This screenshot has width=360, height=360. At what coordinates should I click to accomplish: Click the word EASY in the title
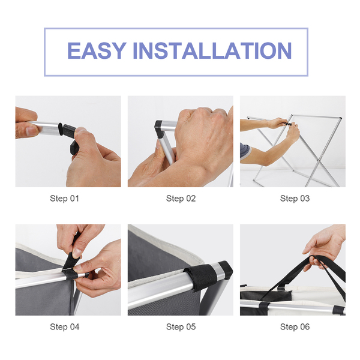pyautogui.click(x=97, y=50)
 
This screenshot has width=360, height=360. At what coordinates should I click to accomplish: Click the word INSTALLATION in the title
pyautogui.click(x=212, y=50)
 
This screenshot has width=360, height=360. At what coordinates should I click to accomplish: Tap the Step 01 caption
pyautogui.click(x=65, y=199)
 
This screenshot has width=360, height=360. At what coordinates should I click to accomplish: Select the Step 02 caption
pyautogui.click(x=181, y=199)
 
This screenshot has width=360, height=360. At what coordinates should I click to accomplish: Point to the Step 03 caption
pyautogui.click(x=295, y=199)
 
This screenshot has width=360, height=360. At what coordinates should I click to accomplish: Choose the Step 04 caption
pyautogui.click(x=65, y=327)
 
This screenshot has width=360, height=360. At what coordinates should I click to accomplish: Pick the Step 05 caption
pyautogui.click(x=181, y=327)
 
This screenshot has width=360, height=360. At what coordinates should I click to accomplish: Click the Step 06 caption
pyautogui.click(x=295, y=327)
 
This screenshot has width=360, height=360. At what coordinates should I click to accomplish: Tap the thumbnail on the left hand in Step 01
pyautogui.click(x=32, y=131)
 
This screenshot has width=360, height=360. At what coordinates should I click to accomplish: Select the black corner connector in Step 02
pyautogui.click(x=159, y=129)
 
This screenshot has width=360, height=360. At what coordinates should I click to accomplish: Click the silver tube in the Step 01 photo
pyautogui.click(x=46, y=128)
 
